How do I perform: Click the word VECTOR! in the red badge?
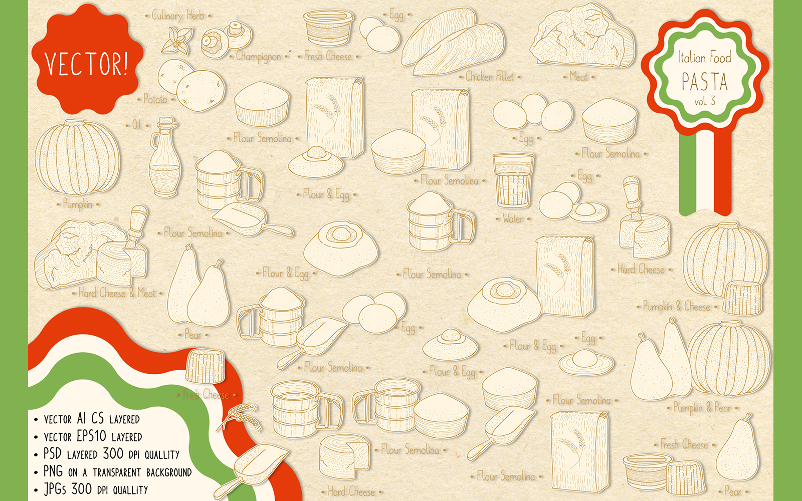coord(86,64)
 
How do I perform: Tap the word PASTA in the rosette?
coord(704,82)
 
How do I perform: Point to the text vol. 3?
coord(704,101)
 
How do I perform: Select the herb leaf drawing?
coord(178,41)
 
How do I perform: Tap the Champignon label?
coord(258,57)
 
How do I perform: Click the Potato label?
coord(155,99)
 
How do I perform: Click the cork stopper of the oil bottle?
coord(166,122)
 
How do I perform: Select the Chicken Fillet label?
coord(490,77)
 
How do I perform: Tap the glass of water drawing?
coord(513,180)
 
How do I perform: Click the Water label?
coord(513,219)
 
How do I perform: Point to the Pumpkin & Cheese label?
coord(676,306)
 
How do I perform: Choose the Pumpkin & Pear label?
coord(702,408)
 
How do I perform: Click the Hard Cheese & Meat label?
coord(117,293)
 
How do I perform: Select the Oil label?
coord(136,125)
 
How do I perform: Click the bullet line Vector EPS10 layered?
coord(93,436)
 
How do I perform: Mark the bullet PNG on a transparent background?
coord(117,472)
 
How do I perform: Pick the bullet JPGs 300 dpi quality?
coord(96,489)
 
